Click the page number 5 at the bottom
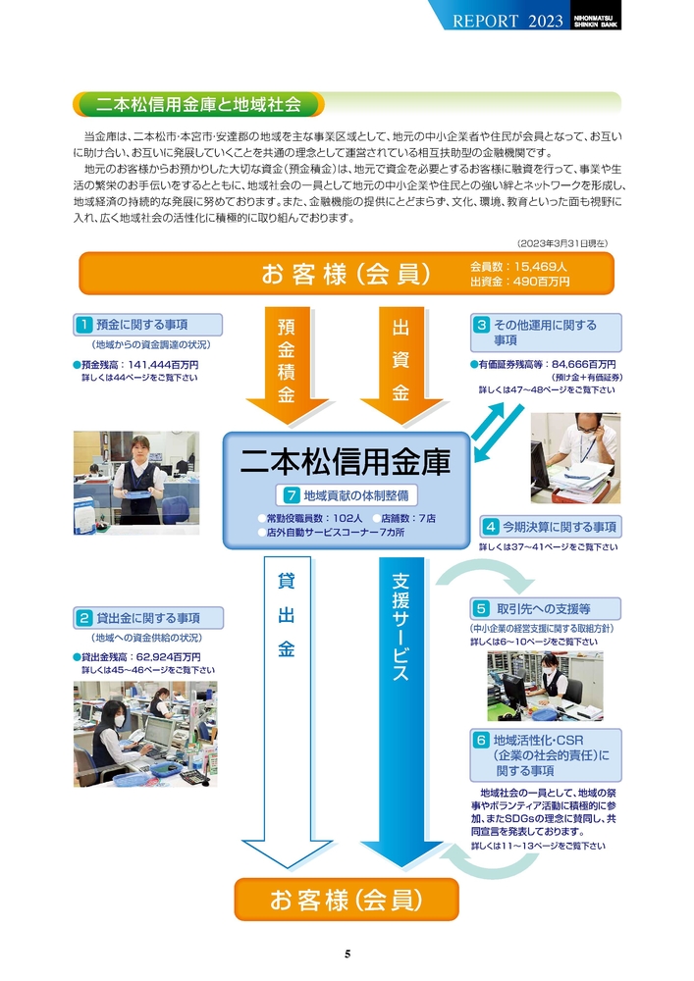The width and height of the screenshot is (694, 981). [347, 954]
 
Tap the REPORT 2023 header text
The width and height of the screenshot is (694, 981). [507, 21]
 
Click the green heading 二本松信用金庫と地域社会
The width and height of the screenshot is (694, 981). [198, 105]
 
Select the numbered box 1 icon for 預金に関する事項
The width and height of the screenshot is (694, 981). [83, 325]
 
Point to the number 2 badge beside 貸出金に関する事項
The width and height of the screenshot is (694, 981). [83, 618]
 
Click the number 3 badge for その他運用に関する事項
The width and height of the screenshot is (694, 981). [481, 325]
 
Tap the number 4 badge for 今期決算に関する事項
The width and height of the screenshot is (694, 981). [491, 527]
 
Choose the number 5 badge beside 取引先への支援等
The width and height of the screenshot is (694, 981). [481, 609]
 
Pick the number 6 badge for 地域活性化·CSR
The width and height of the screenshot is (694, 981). [481, 740]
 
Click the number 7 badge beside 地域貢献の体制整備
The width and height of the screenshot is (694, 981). [291, 495]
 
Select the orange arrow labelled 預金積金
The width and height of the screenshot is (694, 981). [287, 365]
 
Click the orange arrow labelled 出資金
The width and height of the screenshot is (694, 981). [400, 365]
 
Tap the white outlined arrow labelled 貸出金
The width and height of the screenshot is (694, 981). [287, 712]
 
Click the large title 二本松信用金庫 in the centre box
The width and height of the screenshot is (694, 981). [346, 462]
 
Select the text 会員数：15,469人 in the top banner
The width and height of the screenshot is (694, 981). [518, 267]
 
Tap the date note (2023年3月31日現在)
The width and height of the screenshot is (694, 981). [561, 242]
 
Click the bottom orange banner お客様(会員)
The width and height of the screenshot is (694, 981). [347, 900]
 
